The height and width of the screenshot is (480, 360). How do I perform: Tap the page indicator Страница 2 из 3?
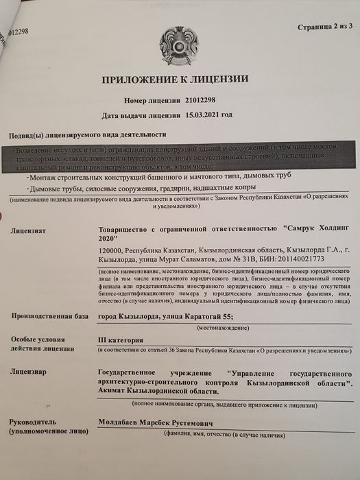[324, 27]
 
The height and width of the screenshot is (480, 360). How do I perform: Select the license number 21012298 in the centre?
[204, 100]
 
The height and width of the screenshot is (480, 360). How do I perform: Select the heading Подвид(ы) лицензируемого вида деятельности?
[88, 135]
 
